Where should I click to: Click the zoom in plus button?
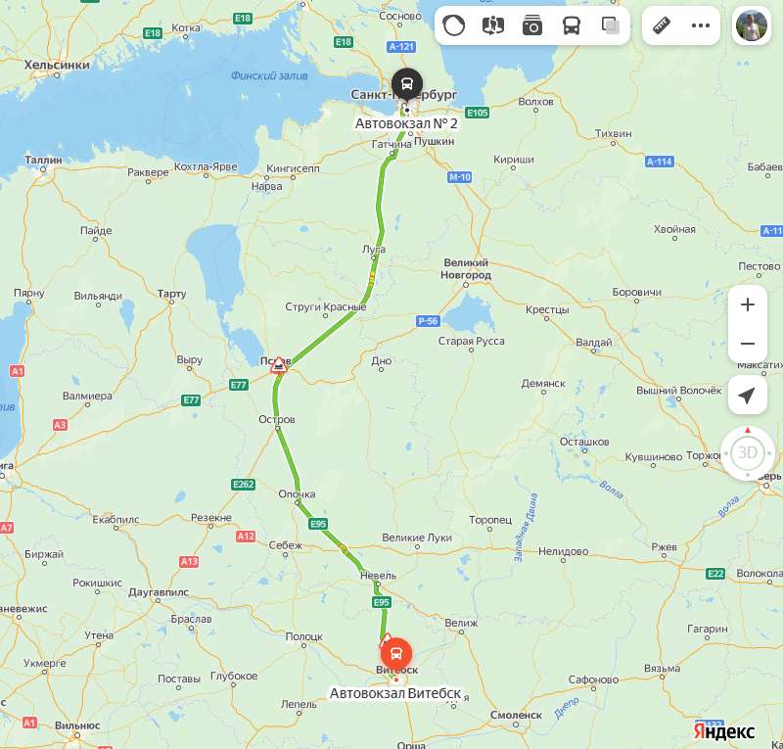(748, 304)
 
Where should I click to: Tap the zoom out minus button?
(748, 344)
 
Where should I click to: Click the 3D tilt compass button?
(748, 452)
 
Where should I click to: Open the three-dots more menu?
(701, 25)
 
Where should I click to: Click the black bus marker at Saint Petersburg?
(406, 83)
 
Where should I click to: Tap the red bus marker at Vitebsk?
(395, 652)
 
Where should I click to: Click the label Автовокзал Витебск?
(395, 693)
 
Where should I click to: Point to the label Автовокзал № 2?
(406, 123)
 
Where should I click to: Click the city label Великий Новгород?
(467, 269)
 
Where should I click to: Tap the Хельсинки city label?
(56, 65)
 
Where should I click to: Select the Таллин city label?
(44, 159)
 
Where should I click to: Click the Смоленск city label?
(517, 715)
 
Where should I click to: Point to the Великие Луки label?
(418, 538)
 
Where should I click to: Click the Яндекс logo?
(724, 731)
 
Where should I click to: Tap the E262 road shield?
(244, 484)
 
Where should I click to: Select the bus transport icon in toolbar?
(572, 25)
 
